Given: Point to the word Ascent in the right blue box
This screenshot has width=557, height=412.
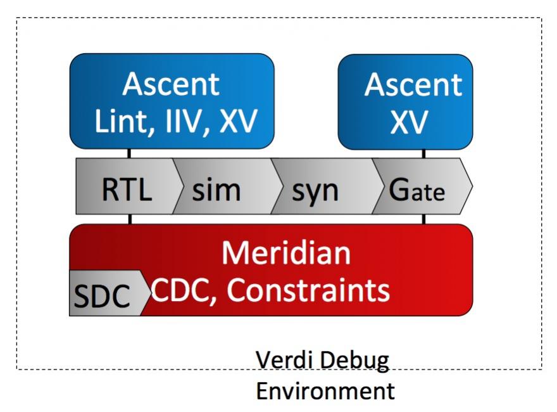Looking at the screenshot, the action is click(413, 85).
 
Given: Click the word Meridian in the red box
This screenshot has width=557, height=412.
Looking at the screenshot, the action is click(286, 253).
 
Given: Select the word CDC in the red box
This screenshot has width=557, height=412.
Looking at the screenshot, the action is click(184, 290).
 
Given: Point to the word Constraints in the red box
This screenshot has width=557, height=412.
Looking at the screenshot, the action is click(308, 290).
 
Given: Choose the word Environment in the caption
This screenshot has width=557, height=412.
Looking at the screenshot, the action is click(325, 390).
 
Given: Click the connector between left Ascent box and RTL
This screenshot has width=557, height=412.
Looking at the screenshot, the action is click(129, 153).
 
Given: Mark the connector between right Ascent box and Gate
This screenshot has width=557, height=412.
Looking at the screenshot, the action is click(423, 153).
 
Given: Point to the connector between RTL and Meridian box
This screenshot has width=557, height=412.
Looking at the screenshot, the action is click(130, 219).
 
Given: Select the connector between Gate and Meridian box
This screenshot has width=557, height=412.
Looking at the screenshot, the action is click(423, 219).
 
